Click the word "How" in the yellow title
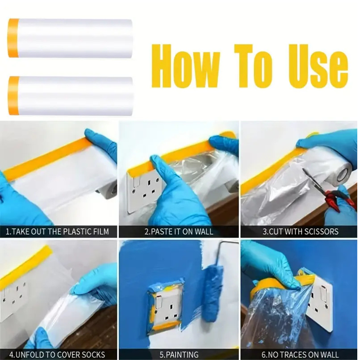click(x=185, y=66)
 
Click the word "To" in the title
click(x=253, y=66)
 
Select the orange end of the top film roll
click(x=13, y=38)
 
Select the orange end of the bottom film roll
click(x=14, y=96)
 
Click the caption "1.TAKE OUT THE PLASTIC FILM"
click(x=57, y=232)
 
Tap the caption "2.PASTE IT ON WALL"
click(x=179, y=232)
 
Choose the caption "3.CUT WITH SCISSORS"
click(x=300, y=232)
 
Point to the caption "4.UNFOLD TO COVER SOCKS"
click(x=57, y=355)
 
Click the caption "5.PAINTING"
click(x=179, y=355)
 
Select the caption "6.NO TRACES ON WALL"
click(x=300, y=355)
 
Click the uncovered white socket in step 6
click(x=319, y=301)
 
